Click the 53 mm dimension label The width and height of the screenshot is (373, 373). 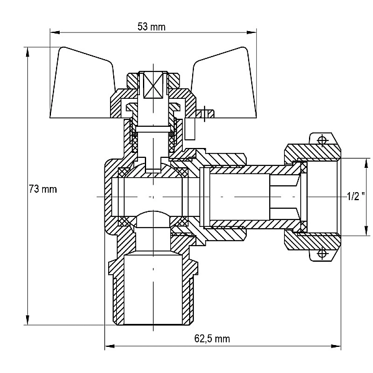click(x=151, y=27)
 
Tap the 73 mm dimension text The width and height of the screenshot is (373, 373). click(x=43, y=190)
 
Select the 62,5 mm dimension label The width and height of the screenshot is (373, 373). click(x=212, y=339)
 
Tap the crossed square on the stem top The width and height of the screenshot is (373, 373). click(x=153, y=85)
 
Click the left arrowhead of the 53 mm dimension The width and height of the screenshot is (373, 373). click(x=55, y=32)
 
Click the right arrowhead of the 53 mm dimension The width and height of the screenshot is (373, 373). click(x=252, y=32)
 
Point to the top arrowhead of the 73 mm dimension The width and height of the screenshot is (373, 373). click(x=28, y=52)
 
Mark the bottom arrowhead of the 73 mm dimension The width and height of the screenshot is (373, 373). click(x=28, y=320)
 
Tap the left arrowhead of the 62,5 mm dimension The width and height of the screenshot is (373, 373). click(x=110, y=346)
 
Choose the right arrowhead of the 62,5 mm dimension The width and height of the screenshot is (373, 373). click(x=336, y=346)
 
